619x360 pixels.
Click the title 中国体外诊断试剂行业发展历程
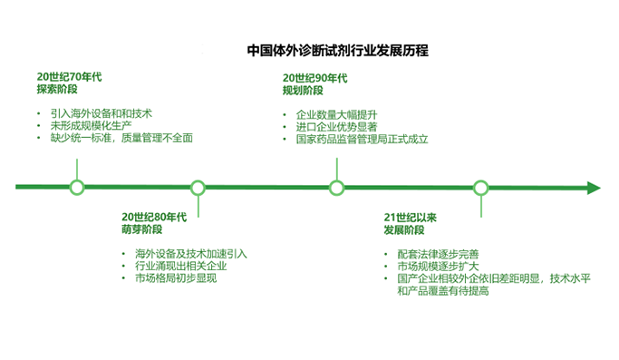point(337,51)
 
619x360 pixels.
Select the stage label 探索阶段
point(55,91)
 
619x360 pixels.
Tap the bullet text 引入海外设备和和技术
point(101,113)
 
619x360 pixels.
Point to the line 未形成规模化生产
point(90,125)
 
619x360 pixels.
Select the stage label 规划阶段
point(301,91)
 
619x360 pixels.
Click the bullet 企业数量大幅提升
point(334,114)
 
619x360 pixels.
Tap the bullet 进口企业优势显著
point(334,127)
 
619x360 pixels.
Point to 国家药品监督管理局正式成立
point(361,140)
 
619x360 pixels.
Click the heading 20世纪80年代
point(154,217)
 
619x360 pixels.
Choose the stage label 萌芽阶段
point(141,229)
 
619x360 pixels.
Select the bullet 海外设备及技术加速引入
point(190,254)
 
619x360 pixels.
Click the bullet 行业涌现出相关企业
point(180,266)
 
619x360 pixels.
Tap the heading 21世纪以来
point(411,218)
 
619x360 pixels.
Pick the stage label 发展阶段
point(403,230)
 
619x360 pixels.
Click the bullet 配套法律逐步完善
point(438,254)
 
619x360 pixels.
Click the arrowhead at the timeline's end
point(594,188)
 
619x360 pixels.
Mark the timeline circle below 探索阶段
point(77,188)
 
